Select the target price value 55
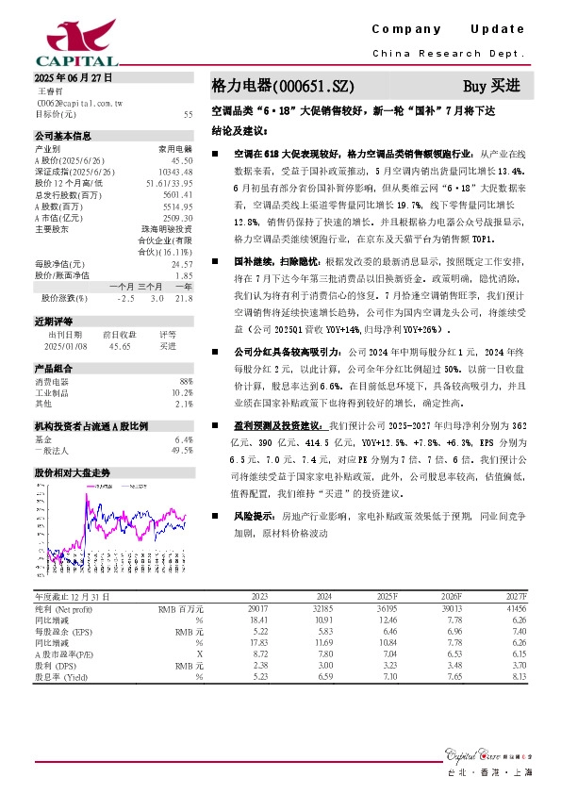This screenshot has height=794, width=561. click(x=188, y=113)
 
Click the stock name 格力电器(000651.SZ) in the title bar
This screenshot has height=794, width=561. click(x=272, y=86)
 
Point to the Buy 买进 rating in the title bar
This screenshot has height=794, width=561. click(x=491, y=86)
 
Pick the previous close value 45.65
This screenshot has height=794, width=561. click(x=120, y=346)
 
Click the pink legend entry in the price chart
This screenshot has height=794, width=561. click(x=99, y=483)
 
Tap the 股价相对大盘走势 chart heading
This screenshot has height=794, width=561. click(x=72, y=471)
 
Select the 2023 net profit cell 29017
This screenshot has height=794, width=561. click(x=256, y=609)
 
